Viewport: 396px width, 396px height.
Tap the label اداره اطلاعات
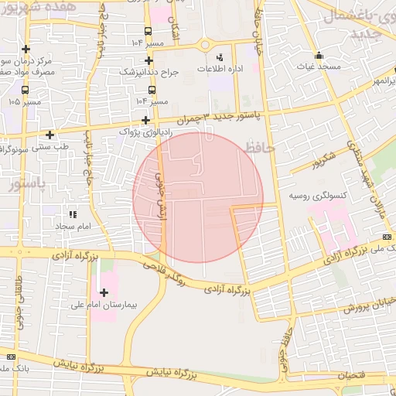pos(217,70)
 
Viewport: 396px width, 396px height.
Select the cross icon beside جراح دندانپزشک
pos(149,60)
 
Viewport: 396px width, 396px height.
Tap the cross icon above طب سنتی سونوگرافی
pos(49,135)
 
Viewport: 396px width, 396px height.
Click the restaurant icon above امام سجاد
pos(73,214)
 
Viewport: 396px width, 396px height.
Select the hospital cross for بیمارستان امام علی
pos(104,292)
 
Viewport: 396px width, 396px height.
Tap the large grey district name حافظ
pos(258,147)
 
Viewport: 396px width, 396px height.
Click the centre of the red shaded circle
pos(198,197)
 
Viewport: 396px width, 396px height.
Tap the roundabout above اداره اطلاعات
pos(206,45)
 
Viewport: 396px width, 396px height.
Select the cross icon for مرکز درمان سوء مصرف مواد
pos(26,49)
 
